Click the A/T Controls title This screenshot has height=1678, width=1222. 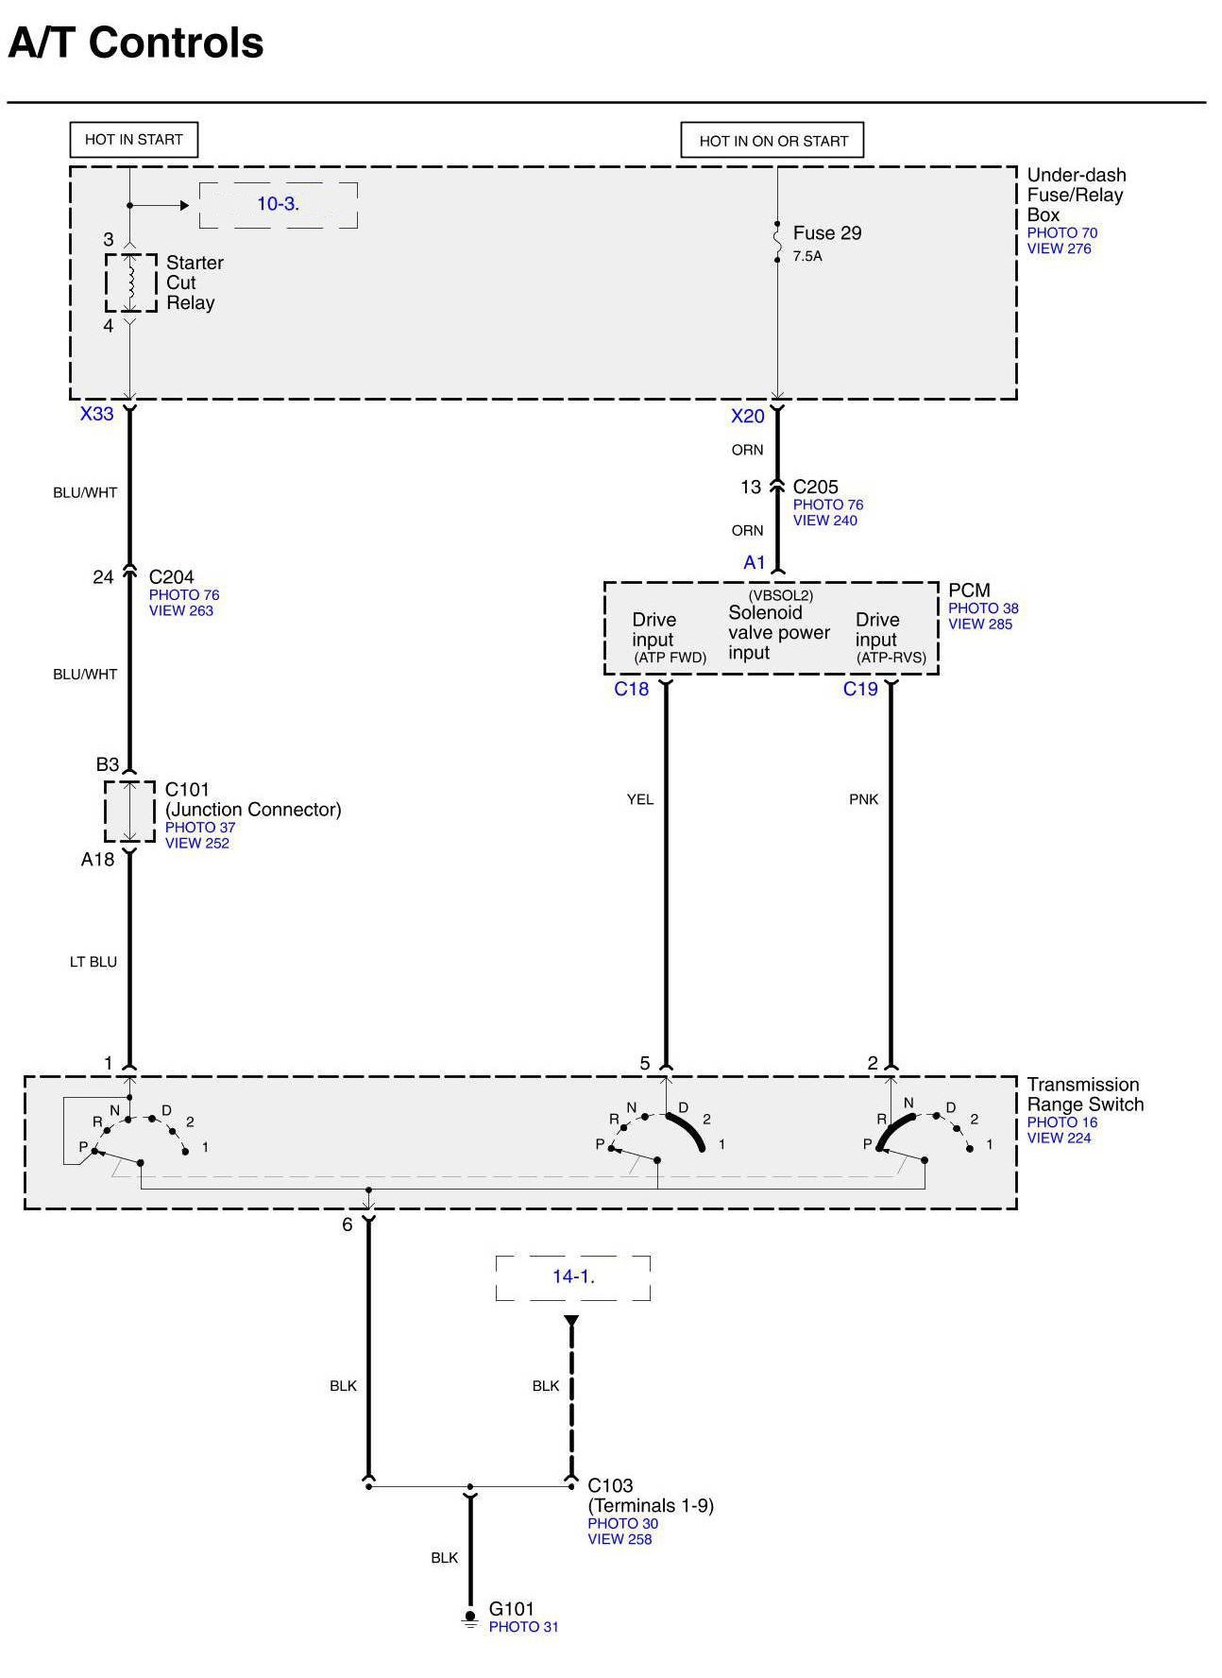coord(136,43)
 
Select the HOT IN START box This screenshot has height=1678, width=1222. coord(133,140)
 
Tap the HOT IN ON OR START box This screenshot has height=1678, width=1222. coord(772,141)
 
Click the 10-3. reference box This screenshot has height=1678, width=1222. coord(278,204)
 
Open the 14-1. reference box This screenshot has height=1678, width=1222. coord(572,1276)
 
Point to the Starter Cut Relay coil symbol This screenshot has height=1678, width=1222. coord(131,282)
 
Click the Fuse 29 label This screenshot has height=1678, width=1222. coord(826,233)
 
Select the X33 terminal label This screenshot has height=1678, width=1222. coord(96,414)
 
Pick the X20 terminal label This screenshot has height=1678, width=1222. coord(747,417)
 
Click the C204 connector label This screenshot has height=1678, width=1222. coord(171,576)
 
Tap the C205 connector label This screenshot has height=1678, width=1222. coord(815,487)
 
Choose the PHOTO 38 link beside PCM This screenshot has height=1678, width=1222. coord(983,608)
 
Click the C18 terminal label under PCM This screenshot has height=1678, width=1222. coord(631,689)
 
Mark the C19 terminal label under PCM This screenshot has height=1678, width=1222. coord(860,689)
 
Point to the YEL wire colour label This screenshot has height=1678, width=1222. coord(639,799)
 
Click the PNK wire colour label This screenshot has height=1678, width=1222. coord(863,799)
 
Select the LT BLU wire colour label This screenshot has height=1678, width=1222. coord(93,962)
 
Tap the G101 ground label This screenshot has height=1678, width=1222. coord(511,1608)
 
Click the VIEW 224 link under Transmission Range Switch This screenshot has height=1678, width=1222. coord(1059,1138)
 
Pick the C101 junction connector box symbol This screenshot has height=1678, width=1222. coord(129,811)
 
